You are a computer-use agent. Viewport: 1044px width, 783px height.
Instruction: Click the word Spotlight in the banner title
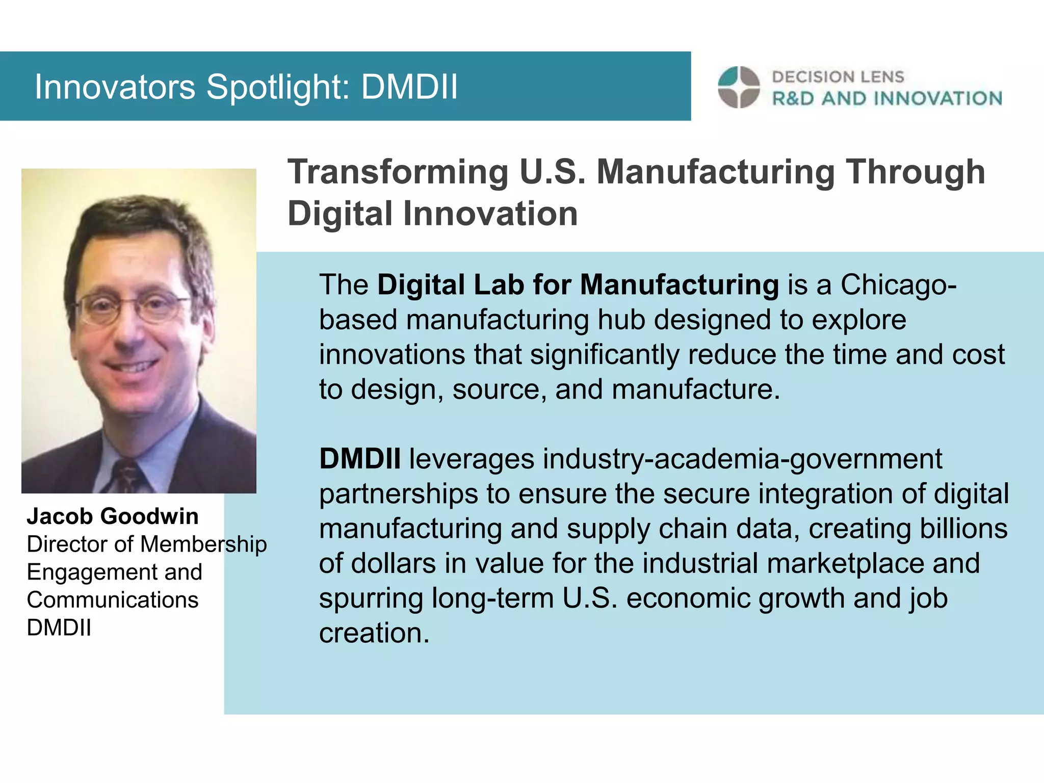[278, 87]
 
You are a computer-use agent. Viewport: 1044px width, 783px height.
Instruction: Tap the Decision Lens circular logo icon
[739, 87]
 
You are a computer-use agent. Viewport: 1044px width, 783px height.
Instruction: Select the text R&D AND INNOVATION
[887, 98]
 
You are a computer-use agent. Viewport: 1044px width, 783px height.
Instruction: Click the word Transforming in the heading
[398, 172]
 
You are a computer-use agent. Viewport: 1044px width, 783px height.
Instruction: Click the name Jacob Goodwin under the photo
[113, 516]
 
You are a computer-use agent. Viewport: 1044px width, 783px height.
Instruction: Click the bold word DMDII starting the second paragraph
[360, 459]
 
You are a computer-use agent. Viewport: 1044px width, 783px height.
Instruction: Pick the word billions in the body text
[958, 529]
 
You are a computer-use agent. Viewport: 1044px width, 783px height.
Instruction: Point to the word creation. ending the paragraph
[374, 633]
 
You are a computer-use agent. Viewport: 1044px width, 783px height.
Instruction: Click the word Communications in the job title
[113, 600]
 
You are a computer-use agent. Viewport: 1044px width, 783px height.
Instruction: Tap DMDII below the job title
[59, 628]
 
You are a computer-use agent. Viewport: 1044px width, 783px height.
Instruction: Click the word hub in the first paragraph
[621, 320]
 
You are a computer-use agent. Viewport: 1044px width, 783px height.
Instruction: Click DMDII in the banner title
[409, 87]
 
